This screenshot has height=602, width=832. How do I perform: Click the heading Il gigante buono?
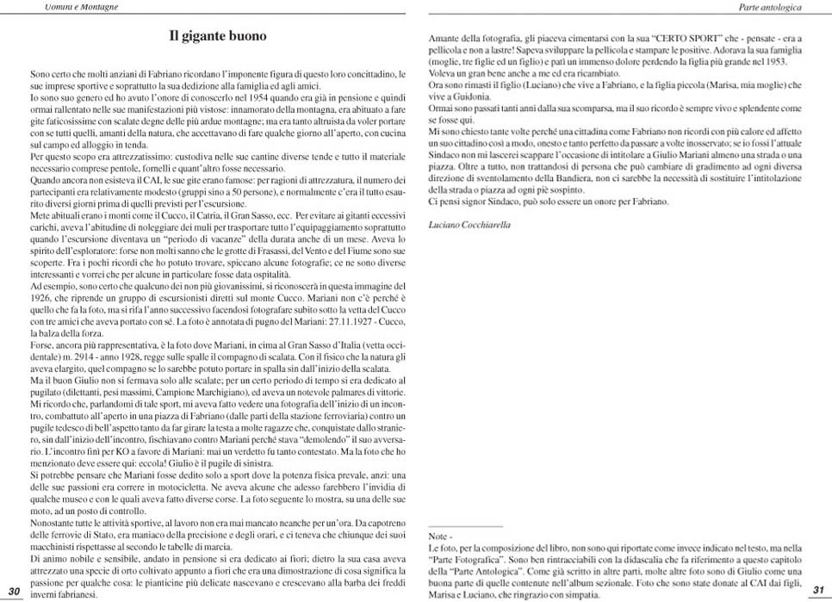point(217,37)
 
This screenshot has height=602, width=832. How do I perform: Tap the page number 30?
point(14,590)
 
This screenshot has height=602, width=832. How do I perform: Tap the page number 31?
point(818,590)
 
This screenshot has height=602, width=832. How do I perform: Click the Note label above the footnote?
point(438,536)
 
